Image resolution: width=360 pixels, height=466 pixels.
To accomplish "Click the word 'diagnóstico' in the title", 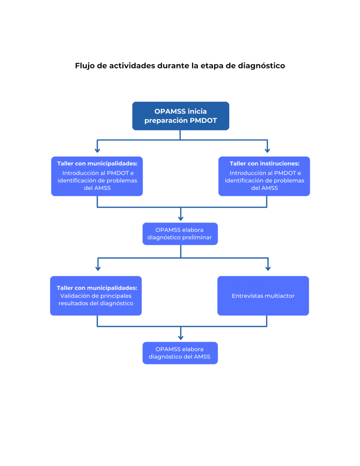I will click(261, 66).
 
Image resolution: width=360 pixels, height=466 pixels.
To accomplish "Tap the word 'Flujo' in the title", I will click(85, 66).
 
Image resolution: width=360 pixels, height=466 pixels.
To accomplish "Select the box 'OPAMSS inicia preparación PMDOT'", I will click(180, 116).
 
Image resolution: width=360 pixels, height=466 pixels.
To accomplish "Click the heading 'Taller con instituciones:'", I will click(264, 164).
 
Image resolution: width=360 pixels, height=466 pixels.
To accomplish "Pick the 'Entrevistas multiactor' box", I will click(263, 296).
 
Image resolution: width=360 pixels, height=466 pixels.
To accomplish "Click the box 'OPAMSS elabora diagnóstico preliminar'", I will click(180, 233).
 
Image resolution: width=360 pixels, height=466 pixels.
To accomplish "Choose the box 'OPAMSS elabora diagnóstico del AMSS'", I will click(180, 353).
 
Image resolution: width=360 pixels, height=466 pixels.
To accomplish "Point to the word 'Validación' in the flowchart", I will click(76, 296).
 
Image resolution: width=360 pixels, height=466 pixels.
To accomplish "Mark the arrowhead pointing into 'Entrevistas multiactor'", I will click(268, 269).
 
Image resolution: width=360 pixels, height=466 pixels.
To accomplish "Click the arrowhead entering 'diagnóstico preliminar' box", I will click(180, 218).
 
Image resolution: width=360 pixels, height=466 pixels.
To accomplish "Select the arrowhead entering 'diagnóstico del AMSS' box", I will click(180, 337).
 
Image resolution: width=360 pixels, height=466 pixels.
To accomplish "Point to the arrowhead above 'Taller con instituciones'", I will click(267, 150).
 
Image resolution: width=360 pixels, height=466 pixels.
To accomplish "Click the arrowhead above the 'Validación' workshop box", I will click(97, 269).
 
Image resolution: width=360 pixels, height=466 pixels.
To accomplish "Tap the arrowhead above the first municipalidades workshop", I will click(97, 150).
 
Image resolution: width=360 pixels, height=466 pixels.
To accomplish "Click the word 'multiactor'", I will click(279, 296).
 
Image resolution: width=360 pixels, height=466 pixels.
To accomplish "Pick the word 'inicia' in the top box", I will click(197, 111).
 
